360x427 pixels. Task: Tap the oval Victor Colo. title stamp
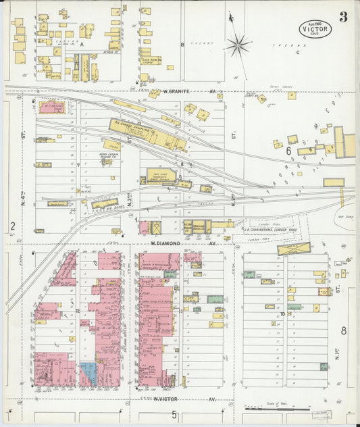(315, 28)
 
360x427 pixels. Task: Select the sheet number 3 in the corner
(343, 17)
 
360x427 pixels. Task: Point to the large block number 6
(288, 151)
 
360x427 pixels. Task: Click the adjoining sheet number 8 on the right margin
(343, 330)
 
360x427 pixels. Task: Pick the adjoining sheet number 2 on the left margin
(12, 226)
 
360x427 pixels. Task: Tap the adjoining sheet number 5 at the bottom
(174, 414)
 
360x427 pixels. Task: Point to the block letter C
(297, 51)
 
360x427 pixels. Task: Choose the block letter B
(182, 45)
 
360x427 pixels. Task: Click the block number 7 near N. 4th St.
(78, 165)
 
